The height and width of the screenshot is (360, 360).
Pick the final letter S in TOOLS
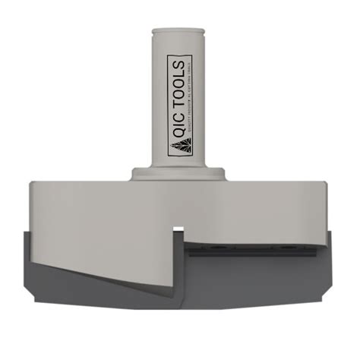[x=178, y=63]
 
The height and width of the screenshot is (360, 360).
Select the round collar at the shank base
[x=179, y=174]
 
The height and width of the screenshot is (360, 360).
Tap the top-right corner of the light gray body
[x=327, y=183]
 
